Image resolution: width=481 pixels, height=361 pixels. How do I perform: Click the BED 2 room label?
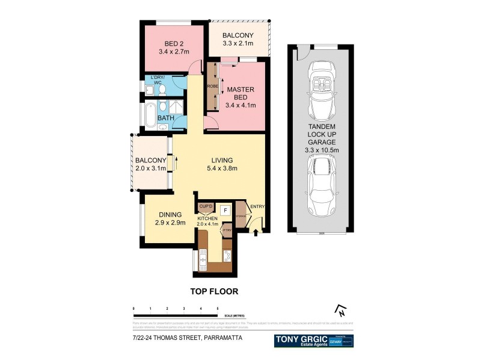[173, 48]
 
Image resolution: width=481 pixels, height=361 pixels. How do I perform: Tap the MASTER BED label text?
[240, 97]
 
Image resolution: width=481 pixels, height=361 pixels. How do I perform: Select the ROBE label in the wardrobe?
[212, 87]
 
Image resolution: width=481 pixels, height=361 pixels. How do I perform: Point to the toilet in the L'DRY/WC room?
[162, 90]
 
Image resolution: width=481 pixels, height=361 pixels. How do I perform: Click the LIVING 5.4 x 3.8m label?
[222, 164]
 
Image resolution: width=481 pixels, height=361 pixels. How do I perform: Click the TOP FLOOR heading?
[214, 291]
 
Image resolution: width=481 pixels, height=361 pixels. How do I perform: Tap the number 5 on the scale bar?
[218, 308]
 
